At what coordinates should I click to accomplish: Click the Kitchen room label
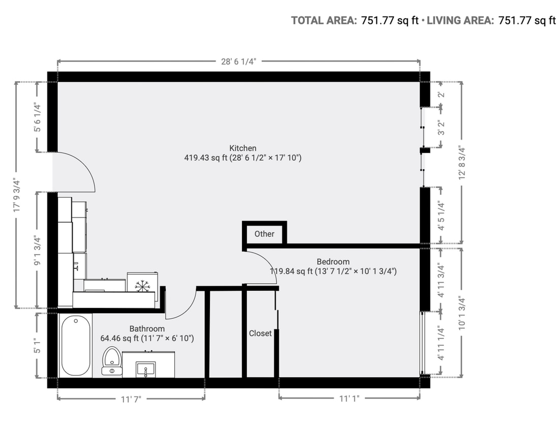click(242, 148)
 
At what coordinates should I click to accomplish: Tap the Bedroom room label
click(333, 262)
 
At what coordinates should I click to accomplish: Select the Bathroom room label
click(147, 329)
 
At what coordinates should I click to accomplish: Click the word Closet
click(260, 333)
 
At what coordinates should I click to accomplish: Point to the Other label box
click(264, 234)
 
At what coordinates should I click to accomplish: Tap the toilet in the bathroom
click(111, 360)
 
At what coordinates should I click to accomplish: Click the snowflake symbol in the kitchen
click(143, 285)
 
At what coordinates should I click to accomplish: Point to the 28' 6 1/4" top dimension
click(238, 62)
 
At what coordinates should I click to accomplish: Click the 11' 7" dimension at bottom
click(131, 399)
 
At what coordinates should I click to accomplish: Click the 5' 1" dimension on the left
click(37, 345)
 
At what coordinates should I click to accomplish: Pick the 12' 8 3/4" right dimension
click(462, 163)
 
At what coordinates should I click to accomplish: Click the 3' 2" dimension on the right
click(441, 127)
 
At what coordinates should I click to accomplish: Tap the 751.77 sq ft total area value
click(390, 21)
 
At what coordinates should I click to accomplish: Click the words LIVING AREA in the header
click(460, 21)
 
